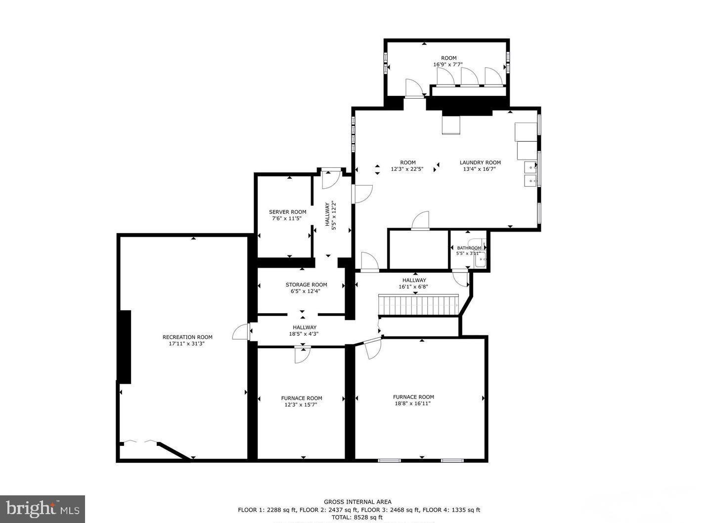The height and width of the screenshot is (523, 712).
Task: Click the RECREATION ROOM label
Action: coord(187,337)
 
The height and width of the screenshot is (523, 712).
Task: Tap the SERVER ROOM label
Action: coord(287,212)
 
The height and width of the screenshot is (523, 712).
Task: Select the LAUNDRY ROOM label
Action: coord(480,162)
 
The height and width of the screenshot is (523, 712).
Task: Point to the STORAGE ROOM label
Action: coord(306,284)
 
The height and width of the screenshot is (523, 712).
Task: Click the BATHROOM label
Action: coord(469,248)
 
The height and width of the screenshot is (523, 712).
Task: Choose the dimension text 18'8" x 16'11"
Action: coord(413,403)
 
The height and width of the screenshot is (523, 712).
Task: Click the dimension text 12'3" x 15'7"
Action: coord(301,405)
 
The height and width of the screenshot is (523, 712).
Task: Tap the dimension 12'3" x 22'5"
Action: coord(407,169)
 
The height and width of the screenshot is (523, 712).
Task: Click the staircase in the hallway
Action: coord(418,304)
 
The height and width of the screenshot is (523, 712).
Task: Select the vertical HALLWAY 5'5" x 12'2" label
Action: coord(330,215)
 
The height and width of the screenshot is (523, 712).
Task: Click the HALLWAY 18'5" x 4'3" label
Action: coord(304,330)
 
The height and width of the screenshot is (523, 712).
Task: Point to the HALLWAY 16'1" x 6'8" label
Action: coord(413,283)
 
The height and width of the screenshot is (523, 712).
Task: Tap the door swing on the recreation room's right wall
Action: coord(240,332)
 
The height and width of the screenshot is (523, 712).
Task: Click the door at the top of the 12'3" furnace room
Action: coord(302,355)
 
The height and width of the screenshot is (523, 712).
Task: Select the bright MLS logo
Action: coord(43,509)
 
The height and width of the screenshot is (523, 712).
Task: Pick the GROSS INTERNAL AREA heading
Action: coord(357,502)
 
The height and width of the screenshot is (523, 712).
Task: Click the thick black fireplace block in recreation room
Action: coord(125,347)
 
